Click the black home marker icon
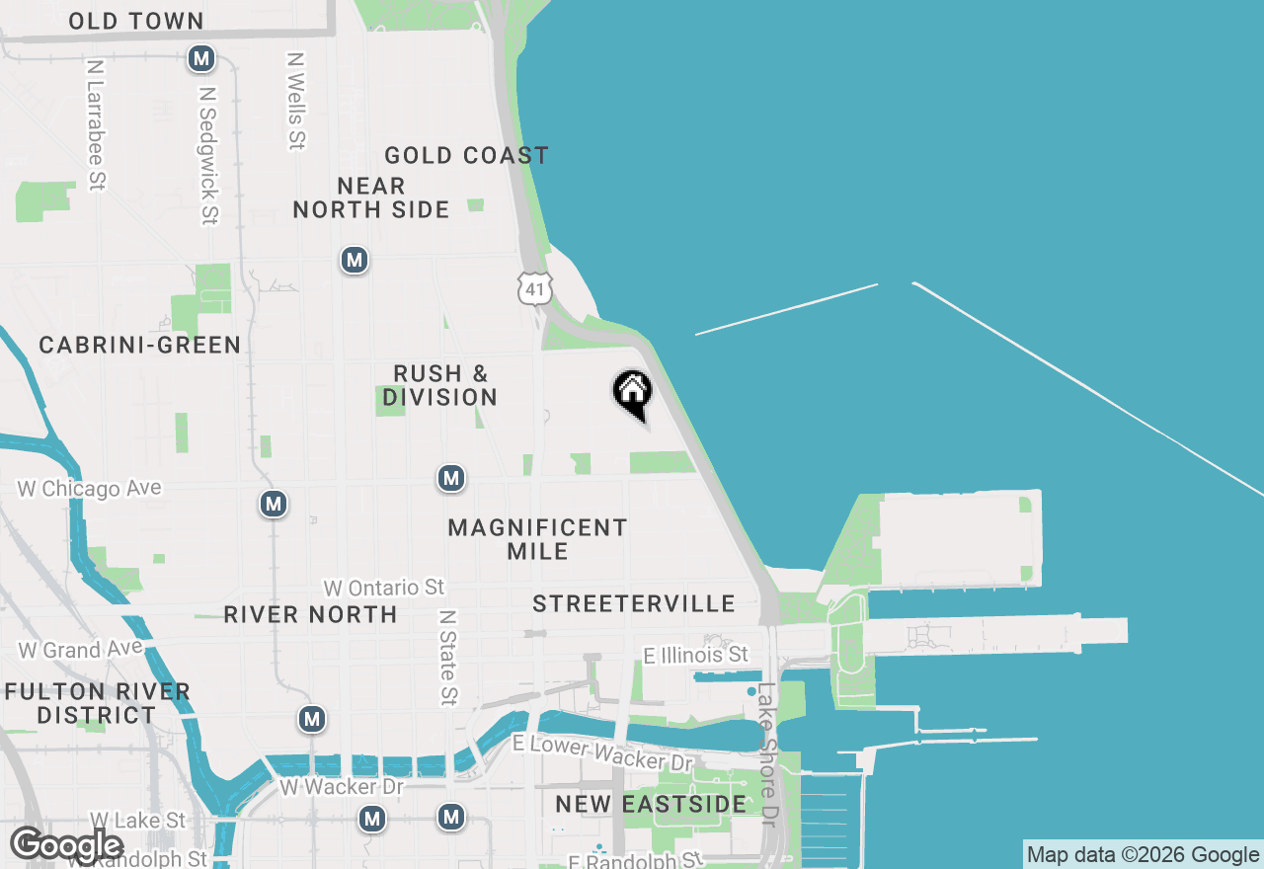click(632, 392)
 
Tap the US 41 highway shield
click(534, 288)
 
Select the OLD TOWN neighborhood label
click(136, 21)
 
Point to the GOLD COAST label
click(466, 155)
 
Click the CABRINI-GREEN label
click(140, 345)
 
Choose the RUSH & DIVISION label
click(440, 385)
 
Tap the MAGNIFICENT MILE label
click(537, 539)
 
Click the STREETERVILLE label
click(634, 603)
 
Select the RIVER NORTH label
click(310, 614)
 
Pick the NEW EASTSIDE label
click(651, 804)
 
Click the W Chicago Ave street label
click(89, 489)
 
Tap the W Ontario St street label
click(384, 588)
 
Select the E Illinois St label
click(695, 655)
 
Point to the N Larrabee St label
click(96, 124)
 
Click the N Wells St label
click(295, 101)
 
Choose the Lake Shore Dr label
click(767, 755)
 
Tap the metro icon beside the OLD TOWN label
click(201, 59)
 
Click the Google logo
click(66, 845)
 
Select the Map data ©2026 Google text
click(1143, 855)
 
